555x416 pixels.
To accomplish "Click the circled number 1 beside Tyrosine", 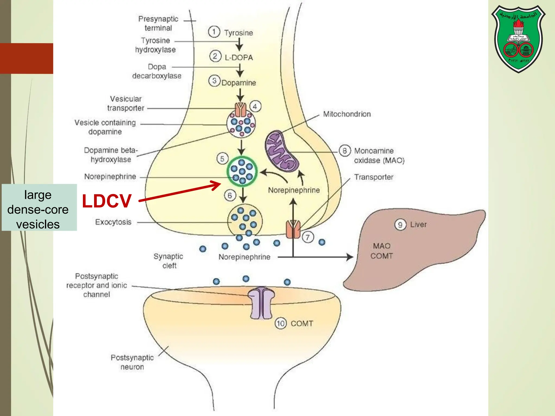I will [x=214, y=32].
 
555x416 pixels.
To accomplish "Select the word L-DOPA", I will [x=239, y=57].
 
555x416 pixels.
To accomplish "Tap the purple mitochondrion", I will [x=281, y=152].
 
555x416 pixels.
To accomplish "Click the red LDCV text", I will [x=107, y=201].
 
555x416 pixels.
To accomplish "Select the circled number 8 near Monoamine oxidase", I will [x=344, y=151].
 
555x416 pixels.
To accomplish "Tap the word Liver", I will [x=418, y=225].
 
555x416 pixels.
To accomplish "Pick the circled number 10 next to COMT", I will [x=280, y=323].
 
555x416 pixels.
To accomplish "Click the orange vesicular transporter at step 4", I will [x=240, y=110].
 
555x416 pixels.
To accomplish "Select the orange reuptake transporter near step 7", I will [x=293, y=229].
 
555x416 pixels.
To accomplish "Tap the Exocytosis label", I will [x=113, y=222].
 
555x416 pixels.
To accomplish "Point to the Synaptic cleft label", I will [x=169, y=261].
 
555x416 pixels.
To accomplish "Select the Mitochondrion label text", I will [x=347, y=114].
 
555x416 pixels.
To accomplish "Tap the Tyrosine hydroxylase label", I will [x=155, y=45].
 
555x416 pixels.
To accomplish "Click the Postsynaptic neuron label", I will [x=132, y=362].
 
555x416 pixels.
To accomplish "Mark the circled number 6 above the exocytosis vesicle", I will [x=230, y=196].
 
